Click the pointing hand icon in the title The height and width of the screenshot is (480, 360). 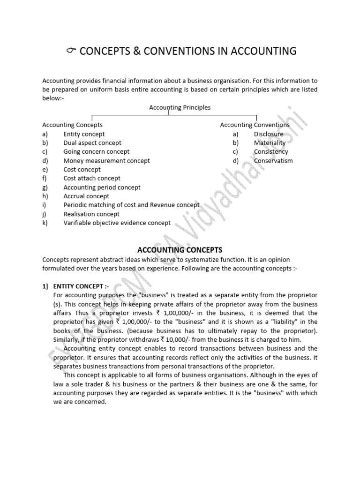(71, 51)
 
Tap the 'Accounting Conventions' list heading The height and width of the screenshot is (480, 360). (255, 125)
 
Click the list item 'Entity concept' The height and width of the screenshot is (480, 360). (84, 134)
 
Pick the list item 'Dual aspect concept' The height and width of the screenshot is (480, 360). (92, 143)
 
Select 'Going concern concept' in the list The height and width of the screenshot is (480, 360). (96, 152)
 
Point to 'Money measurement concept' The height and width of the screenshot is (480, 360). (106, 161)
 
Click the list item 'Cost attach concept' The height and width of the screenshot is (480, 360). (92, 179)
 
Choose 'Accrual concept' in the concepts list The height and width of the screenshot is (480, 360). (86, 196)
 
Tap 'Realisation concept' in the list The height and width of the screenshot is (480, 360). (91, 214)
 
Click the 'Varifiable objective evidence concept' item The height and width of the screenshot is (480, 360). (117, 223)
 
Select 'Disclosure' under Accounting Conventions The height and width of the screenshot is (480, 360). (269, 134)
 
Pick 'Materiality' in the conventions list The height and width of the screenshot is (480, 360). (270, 143)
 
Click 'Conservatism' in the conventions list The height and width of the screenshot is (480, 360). (273, 161)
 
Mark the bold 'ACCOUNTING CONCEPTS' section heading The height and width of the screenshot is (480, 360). (180, 250)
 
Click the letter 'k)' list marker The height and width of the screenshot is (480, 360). (45, 223)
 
